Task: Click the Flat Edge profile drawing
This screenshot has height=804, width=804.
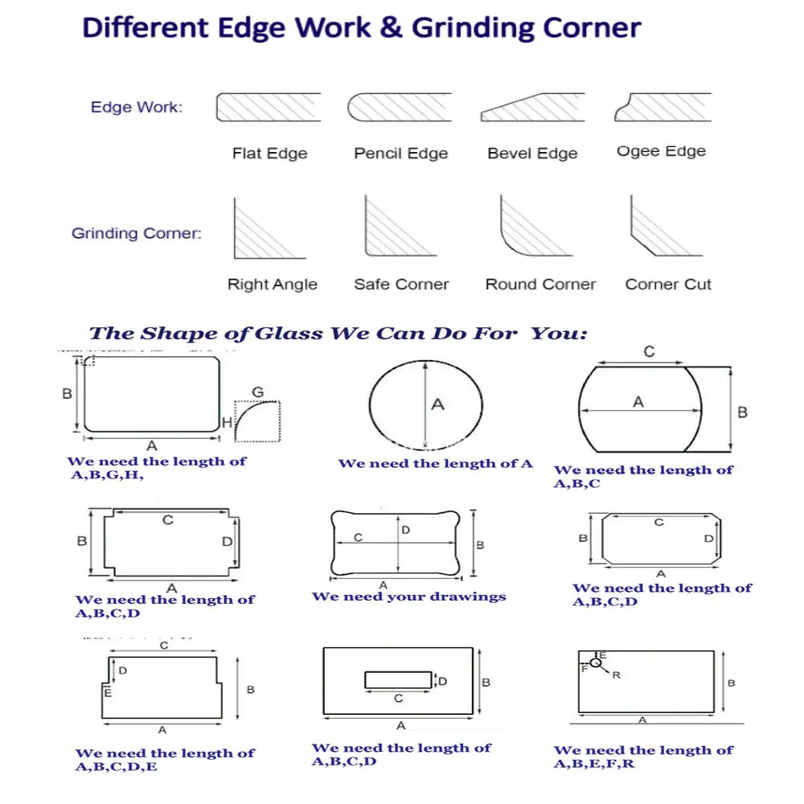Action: (x=269, y=107)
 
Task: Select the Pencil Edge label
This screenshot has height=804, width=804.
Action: (x=400, y=153)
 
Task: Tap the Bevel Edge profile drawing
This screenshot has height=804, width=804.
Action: (x=532, y=108)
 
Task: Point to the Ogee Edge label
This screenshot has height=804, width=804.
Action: (x=661, y=151)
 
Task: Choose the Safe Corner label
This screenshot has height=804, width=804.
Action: (x=401, y=284)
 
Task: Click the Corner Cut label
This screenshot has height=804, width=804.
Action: (x=668, y=284)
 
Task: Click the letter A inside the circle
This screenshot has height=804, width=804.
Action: (x=437, y=404)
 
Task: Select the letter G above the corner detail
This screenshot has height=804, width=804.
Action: (x=257, y=392)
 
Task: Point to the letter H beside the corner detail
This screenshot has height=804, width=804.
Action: (x=227, y=422)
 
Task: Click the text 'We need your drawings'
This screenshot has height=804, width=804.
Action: (x=408, y=597)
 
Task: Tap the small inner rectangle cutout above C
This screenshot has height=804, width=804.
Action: (x=397, y=680)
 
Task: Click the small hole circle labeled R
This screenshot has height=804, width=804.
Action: (x=596, y=662)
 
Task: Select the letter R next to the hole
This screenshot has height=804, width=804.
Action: (x=616, y=675)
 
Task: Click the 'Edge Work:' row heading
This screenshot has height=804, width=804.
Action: (x=136, y=107)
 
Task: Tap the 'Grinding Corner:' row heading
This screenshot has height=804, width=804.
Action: (x=137, y=234)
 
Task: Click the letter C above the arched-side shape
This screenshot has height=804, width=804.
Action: (x=649, y=351)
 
